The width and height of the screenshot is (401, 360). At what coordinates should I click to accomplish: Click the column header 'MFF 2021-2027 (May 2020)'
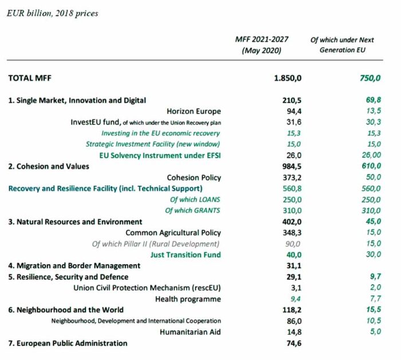262,45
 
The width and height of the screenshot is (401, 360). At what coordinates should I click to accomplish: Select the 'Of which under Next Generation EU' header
341,45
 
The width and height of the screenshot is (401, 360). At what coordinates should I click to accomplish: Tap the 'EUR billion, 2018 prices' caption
52,13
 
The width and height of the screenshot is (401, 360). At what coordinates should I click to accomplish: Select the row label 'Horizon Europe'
193,111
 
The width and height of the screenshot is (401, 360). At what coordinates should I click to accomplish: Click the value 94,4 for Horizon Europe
293,111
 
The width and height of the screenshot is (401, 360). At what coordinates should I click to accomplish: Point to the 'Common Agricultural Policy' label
173,233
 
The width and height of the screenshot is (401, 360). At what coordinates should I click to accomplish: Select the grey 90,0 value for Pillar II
293,244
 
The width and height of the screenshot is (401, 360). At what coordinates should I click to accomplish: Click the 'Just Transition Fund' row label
185,255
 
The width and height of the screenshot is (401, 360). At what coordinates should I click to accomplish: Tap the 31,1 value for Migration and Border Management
293,265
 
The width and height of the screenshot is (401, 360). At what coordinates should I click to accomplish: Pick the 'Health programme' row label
187,299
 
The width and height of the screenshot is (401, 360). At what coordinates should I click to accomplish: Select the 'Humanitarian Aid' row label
190,332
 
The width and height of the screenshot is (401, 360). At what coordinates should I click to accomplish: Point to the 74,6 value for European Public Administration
293,343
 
